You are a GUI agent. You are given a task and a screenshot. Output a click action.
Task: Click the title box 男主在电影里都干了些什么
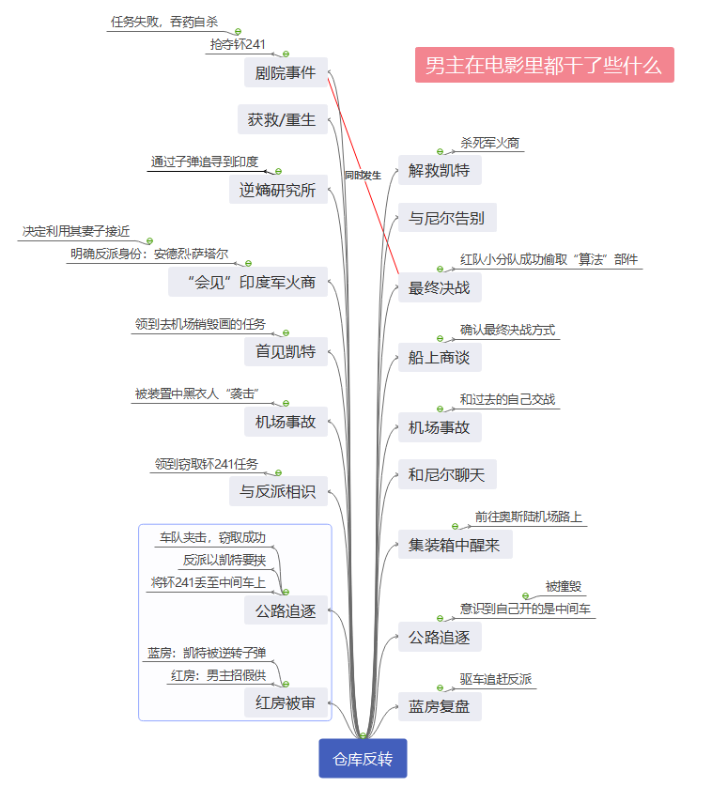click(544, 66)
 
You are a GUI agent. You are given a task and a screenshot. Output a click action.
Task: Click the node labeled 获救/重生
click(282, 120)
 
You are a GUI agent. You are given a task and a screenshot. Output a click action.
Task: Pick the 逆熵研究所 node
click(277, 191)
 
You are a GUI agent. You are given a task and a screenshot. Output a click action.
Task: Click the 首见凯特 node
click(286, 352)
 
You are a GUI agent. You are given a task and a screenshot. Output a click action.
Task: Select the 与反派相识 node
click(277, 491)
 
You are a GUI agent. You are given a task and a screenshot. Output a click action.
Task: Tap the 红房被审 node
click(286, 702)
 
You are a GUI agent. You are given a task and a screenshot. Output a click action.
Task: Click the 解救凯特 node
click(440, 171)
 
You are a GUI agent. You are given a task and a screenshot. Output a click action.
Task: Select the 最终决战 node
click(440, 287)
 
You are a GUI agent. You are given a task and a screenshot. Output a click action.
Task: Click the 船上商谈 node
click(440, 357)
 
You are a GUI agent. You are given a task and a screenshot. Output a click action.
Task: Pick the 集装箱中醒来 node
click(455, 545)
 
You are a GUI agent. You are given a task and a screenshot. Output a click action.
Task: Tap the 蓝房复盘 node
click(440, 706)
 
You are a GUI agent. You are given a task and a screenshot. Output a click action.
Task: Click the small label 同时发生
click(363, 176)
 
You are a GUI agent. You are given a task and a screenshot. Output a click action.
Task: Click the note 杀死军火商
click(489, 143)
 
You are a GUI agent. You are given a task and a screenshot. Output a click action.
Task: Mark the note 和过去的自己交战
click(507, 399)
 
